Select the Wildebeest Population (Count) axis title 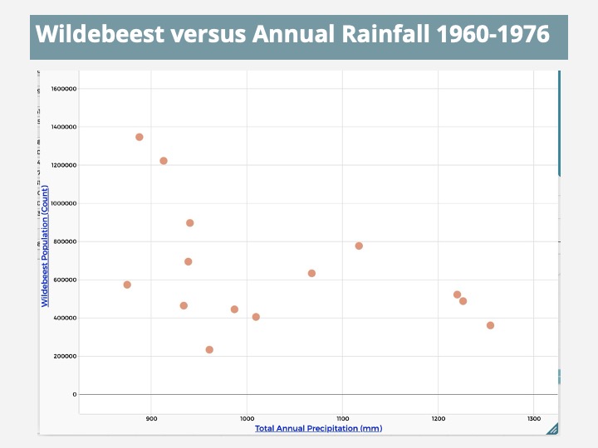(45, 246)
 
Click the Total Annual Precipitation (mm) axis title (318, 428)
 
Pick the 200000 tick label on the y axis (65, 356)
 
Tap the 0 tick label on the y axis (74, 394)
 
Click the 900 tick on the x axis (151, 418)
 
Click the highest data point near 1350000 (140, 137)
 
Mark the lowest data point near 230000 (209, 349)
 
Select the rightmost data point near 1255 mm (490, 325)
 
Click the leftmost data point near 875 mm (127, 285)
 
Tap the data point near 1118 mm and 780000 (359, 246)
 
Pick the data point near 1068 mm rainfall (311, 273)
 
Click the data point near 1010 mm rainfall (256, 317)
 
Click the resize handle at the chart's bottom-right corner (551, 428)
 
